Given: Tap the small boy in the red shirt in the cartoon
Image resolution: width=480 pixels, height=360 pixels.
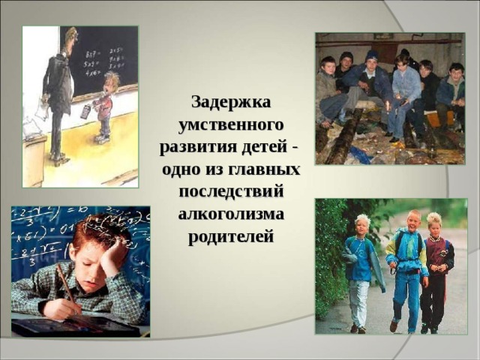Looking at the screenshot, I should tap(104, 109).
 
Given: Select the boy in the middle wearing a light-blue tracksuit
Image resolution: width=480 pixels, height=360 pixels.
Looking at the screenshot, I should tap(408, 270).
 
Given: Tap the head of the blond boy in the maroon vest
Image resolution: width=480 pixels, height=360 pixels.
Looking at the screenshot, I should tap(434, 221).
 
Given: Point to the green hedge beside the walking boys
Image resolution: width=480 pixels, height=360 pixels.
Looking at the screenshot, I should tap(330, 255).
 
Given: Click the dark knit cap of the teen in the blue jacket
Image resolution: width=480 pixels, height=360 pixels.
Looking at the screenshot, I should tap(372, 55).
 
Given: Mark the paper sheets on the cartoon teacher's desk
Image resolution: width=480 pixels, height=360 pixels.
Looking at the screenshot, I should tap(34, 124).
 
